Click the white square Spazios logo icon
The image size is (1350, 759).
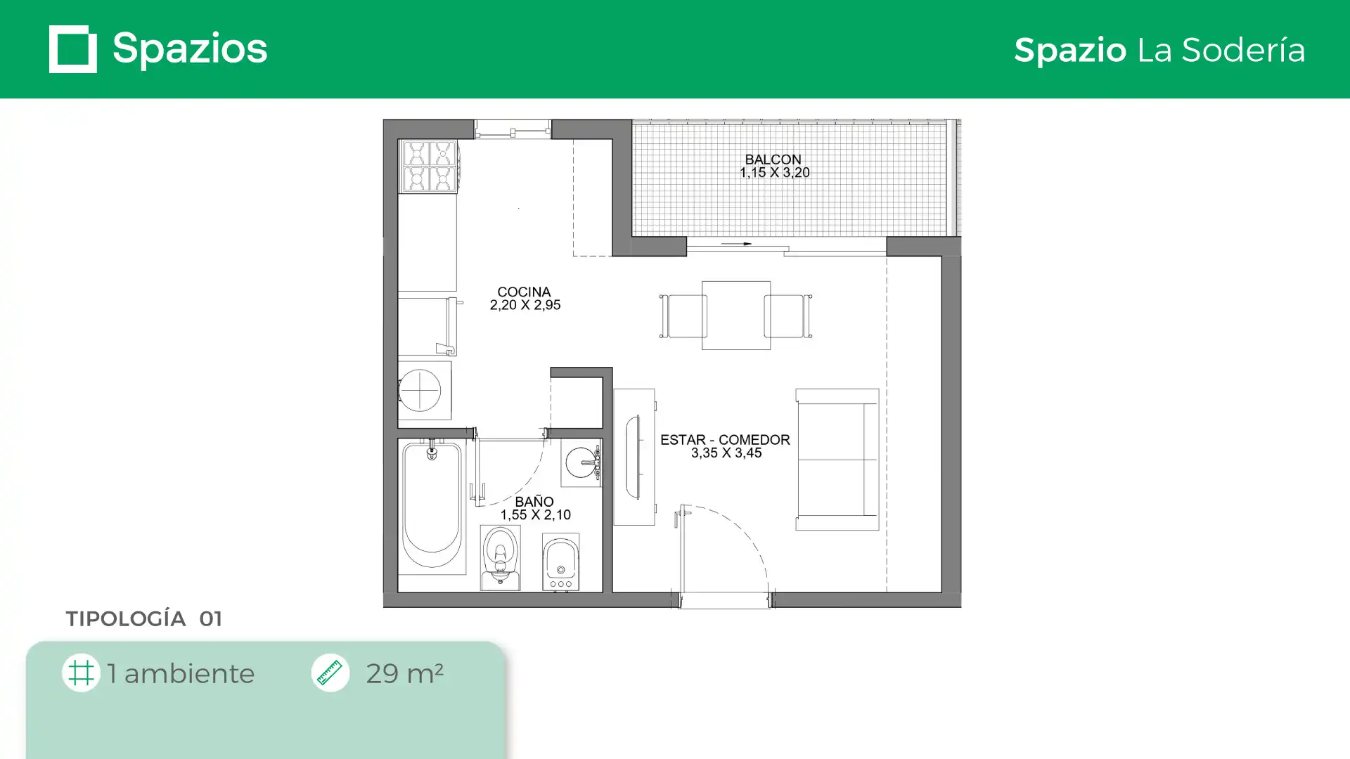coord(72,49)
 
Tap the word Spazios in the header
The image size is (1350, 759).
coord(190,49)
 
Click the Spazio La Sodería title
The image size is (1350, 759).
coord(1159,50)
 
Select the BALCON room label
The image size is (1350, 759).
coord(773,160)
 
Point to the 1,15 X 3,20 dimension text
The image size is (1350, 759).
coord(774,173)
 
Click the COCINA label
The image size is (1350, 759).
coord(524,292)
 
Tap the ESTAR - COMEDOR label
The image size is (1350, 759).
coord(725,440)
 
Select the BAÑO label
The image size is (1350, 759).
coord(534,502)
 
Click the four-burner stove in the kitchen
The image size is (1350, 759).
coord(428,166)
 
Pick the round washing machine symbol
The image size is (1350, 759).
coord(420,390)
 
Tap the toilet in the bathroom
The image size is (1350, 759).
coord(500,558)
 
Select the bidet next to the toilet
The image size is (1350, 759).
coord(560,562)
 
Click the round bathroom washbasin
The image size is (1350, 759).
coord(581,462)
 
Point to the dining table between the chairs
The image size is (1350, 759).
coord(736,316)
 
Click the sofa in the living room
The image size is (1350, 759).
coord(837,460)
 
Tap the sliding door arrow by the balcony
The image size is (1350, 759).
coord(736,244)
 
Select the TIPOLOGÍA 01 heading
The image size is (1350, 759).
coord(144,618)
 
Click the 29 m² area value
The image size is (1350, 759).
coord(404,673)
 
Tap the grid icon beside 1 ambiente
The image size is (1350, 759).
coord(81,673)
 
